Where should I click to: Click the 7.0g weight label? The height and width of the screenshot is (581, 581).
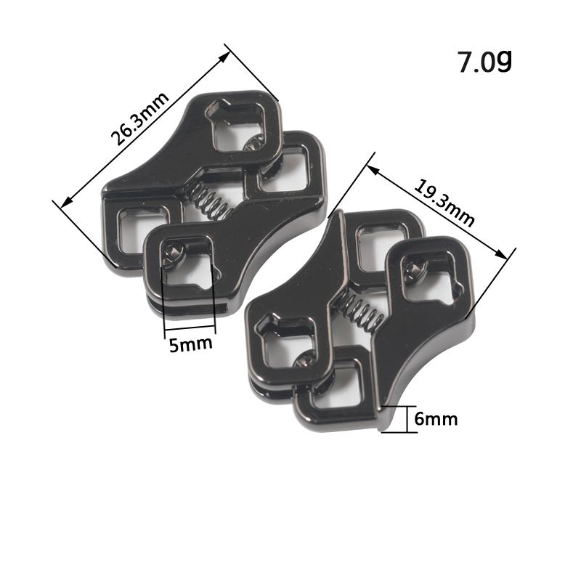[485, 61]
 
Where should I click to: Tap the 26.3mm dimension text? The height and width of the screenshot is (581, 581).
[139, 118]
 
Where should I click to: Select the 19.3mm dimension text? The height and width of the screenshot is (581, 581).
[444, 203]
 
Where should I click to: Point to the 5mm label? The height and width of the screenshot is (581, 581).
[191, 344]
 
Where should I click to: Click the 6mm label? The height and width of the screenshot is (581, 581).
[436, 419]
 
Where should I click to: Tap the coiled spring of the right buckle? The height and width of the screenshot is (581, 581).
[360, 309]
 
